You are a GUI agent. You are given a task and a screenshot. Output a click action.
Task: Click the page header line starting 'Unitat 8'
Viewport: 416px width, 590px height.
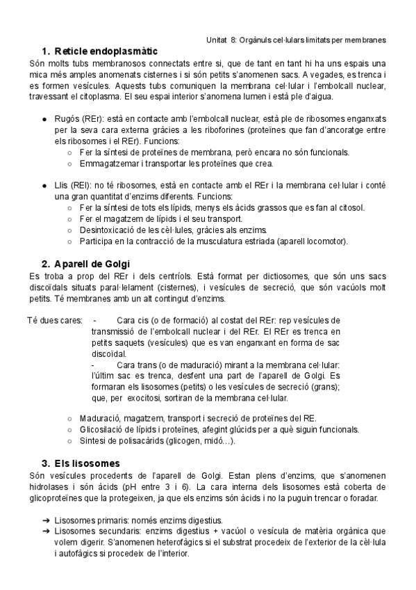pos(297,40)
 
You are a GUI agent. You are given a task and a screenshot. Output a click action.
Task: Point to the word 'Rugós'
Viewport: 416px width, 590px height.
pos(65,120)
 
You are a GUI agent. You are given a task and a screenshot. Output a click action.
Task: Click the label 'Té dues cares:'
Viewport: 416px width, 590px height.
pos(55,320)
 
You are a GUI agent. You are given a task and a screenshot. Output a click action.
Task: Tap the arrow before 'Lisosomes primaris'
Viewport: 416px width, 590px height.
pos(45,520)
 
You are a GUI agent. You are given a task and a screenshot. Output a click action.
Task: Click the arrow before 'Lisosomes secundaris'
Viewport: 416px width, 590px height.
pos(45,531)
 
